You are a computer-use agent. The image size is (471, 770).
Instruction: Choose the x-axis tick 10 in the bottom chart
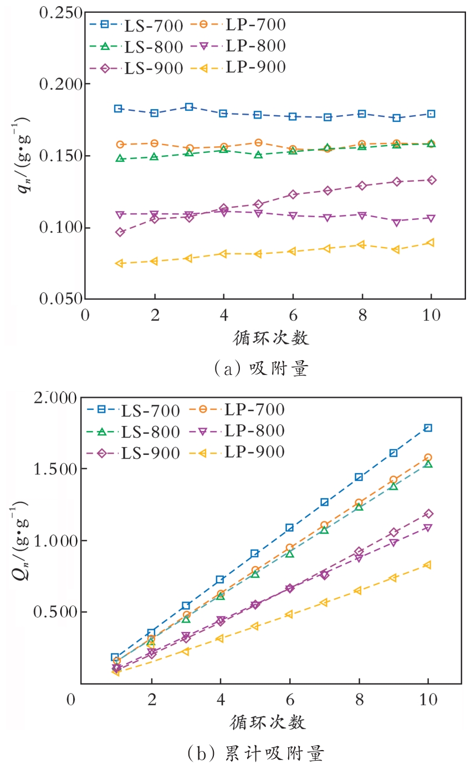428,700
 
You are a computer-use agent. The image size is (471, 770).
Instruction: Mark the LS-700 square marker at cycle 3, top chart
189,107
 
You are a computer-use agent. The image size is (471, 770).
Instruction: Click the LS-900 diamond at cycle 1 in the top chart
120,232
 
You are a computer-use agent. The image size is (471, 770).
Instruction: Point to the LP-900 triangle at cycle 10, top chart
431,243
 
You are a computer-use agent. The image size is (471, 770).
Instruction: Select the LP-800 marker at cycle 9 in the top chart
396,223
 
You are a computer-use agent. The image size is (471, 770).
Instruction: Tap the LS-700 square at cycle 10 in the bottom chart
428,428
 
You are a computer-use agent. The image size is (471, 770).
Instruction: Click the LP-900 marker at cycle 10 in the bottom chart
427,565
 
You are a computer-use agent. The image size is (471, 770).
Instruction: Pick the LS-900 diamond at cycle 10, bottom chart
428,514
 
